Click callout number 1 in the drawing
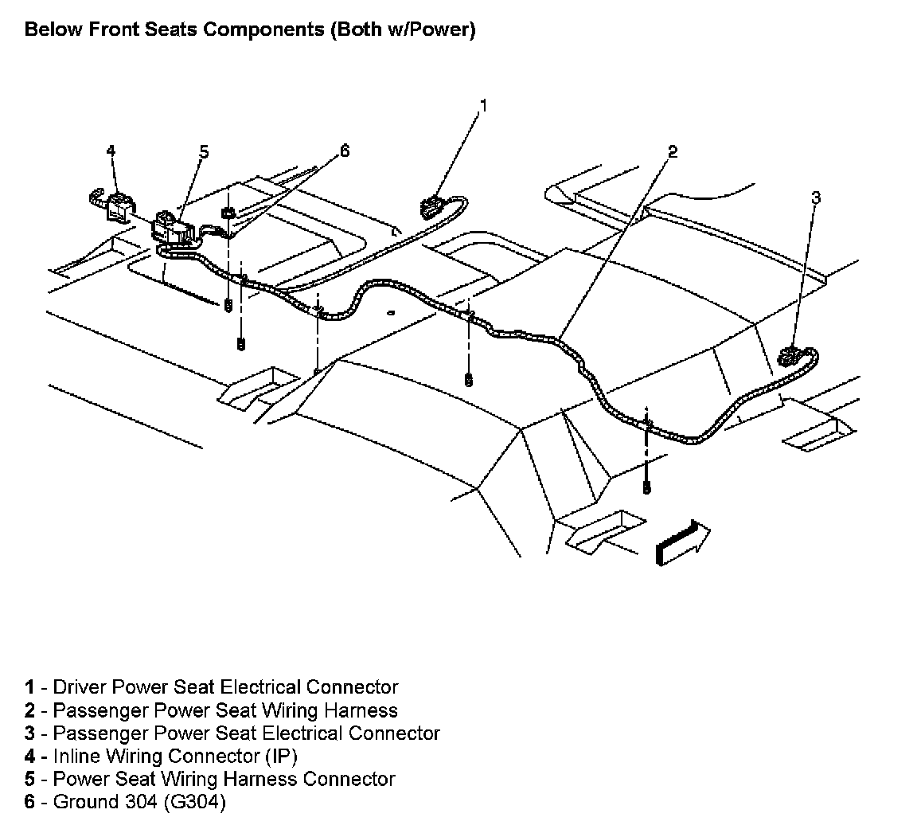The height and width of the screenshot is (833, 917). (482, 104)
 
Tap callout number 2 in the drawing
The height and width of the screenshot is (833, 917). (673, 151)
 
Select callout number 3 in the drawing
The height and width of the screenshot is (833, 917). (815, 197)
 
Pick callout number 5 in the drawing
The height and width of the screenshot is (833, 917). (204, 151)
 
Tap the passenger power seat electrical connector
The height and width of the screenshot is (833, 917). (790, 356)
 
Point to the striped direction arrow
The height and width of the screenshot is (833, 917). (681, 544)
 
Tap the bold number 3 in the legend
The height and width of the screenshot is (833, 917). (29, 733)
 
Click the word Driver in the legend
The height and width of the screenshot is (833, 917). (80, 686)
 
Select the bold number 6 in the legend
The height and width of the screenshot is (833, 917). (29, 802)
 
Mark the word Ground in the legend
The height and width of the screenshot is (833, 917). (83, 802)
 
